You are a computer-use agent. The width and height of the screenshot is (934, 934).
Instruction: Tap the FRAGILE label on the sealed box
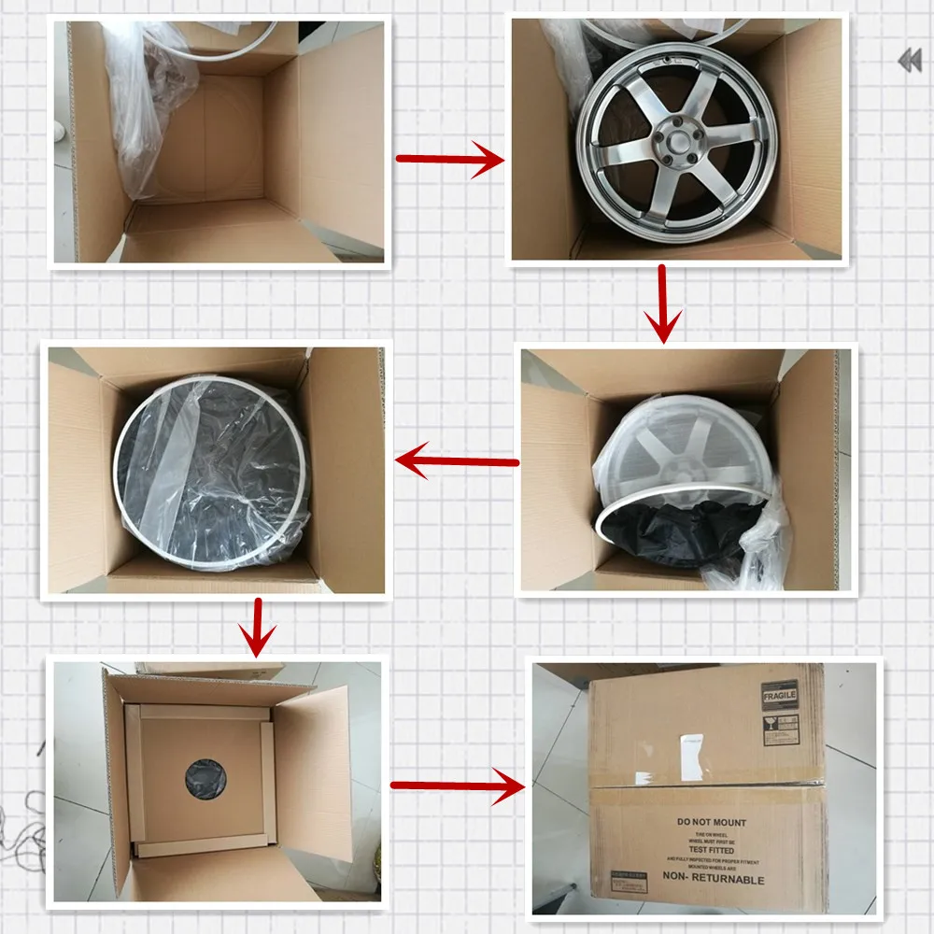[x=780, y=696]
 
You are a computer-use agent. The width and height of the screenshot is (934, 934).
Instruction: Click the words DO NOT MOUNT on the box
[x=712, y=823]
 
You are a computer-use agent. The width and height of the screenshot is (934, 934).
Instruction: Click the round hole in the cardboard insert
[x=203, y=775]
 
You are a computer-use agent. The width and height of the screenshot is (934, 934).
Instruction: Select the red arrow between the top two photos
[x=450, y=159]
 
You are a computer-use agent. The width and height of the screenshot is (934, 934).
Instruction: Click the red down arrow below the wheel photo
[x=664, y=304]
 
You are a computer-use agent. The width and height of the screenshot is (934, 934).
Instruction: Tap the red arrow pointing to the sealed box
[x=458, y=785]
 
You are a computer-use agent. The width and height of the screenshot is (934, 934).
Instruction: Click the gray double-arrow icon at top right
[x=909, y=62]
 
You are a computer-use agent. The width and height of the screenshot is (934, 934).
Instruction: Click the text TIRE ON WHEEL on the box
[x=712, y=836]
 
